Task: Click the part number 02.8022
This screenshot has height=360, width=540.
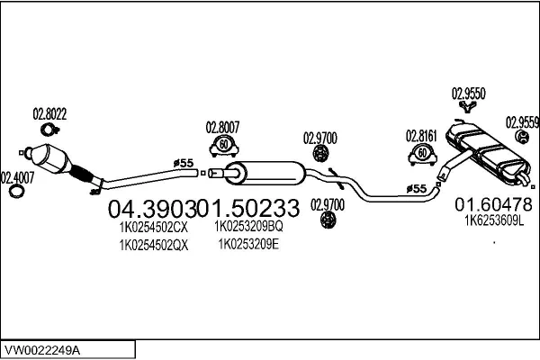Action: pyautogui.click(x=50, y=114)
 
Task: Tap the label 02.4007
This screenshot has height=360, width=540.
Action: pyautogui.click(x=17, y=176)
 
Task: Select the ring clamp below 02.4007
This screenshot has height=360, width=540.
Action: pyautogui.click(x=16, y=193)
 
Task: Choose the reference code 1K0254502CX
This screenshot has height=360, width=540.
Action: pyautogui.click(x=153, y=227)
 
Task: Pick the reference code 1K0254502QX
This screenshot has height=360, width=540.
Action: pyautogui.click(x=153, y=245)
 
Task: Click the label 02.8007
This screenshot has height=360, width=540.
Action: pyautogui.click(x=223, y=127)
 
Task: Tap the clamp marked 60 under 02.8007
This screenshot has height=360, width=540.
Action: pyautogui.click(x=223, y=144)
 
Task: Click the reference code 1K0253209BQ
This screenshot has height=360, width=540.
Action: pyautogui.click(x=248, y=227)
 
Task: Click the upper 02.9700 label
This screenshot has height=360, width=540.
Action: pyautogui.click(x=319, y=138)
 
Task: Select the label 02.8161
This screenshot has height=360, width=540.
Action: pyautogui.click(x=421, y=137)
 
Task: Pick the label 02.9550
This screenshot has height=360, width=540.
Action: pyautogui.click(x=468, y=92)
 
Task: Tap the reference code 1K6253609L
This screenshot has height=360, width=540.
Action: pyautogui.click(x=493, y=219)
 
